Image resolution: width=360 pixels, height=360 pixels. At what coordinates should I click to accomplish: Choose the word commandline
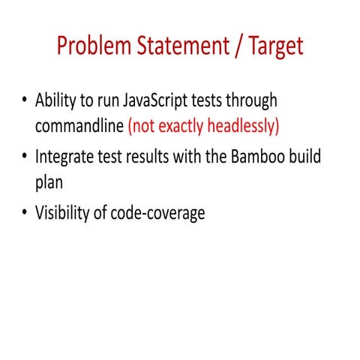coord(79,125)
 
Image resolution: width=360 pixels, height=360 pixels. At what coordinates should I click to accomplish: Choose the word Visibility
coord(64,214)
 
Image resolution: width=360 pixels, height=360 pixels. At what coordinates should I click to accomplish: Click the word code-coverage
coord(158,214)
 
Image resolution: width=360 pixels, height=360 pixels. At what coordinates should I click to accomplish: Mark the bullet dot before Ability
coord(25,100)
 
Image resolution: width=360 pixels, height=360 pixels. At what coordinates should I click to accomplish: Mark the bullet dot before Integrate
coord(25,157)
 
